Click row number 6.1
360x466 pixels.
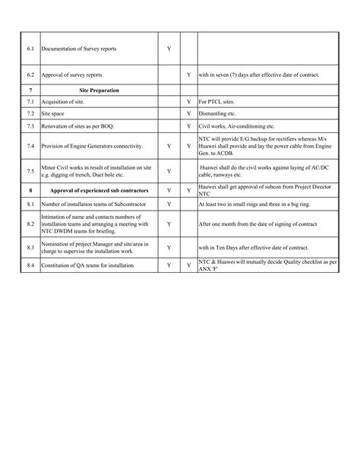[30, 49]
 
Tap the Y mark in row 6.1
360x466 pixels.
[169, 49]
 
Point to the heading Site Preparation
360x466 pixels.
[100, 90]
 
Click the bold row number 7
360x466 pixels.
[30, 90]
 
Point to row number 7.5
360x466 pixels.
[30, 171]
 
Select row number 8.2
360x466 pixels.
[30, 224]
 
